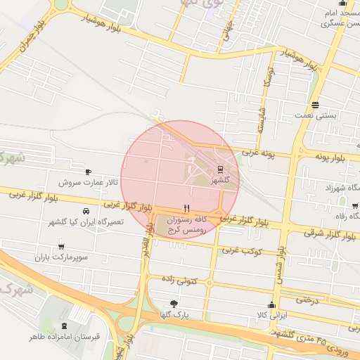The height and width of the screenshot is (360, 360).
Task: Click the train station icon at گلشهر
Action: pos(220,169)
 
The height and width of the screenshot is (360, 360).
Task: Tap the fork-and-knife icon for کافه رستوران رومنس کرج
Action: pos(186,208)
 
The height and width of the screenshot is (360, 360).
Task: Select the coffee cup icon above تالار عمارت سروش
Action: pos(88,172)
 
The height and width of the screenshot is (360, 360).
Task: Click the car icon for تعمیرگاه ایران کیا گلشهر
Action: pos(85,211)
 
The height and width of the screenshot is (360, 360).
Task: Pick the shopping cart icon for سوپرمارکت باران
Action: pos(62,247)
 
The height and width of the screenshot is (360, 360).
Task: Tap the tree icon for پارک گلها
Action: pos(174,303)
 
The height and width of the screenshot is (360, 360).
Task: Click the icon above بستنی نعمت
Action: pos(316,103)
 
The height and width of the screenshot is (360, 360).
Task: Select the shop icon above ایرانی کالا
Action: pos(271,304)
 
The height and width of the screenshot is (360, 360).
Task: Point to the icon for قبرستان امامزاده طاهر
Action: pos(65,326)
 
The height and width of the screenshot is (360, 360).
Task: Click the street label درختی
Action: pos(307,300)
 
